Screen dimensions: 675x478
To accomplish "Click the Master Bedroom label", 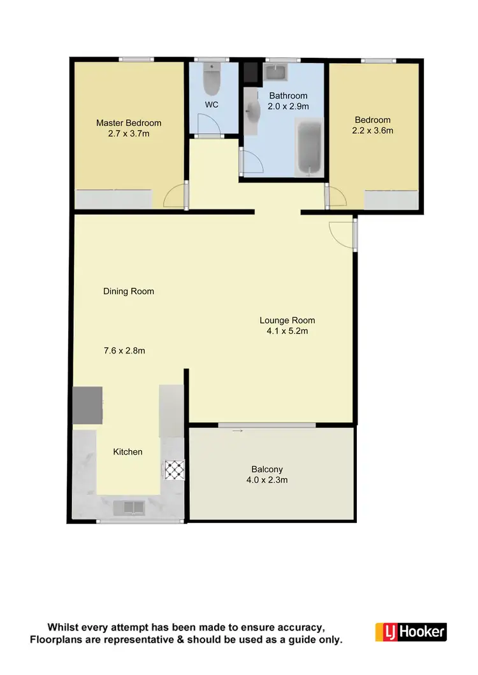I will coord(129,123).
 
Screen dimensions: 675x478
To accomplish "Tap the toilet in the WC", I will coord(211,80).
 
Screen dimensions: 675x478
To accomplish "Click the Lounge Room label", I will coord(287,320).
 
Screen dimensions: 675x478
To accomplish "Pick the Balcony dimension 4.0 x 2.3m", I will coord(267,480).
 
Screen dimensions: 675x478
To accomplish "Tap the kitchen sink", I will coord(129,508).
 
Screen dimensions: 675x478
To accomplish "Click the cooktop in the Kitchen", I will coord(173,469).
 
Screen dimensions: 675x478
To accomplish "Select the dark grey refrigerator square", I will coord(88,406).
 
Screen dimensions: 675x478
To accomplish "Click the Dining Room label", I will coord(129,292).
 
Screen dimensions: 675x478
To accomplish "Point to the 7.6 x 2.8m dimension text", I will coord(129,350).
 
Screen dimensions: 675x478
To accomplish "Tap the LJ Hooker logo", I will coord(410,631).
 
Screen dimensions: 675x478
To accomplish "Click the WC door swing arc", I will coord(206,124).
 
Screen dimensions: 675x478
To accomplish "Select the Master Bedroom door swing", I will coord(173,198).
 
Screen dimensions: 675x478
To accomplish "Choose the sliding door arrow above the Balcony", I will coord(237,431).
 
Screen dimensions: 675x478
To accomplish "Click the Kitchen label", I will coord(127,451).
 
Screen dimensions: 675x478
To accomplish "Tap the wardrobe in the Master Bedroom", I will coord(114,199).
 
